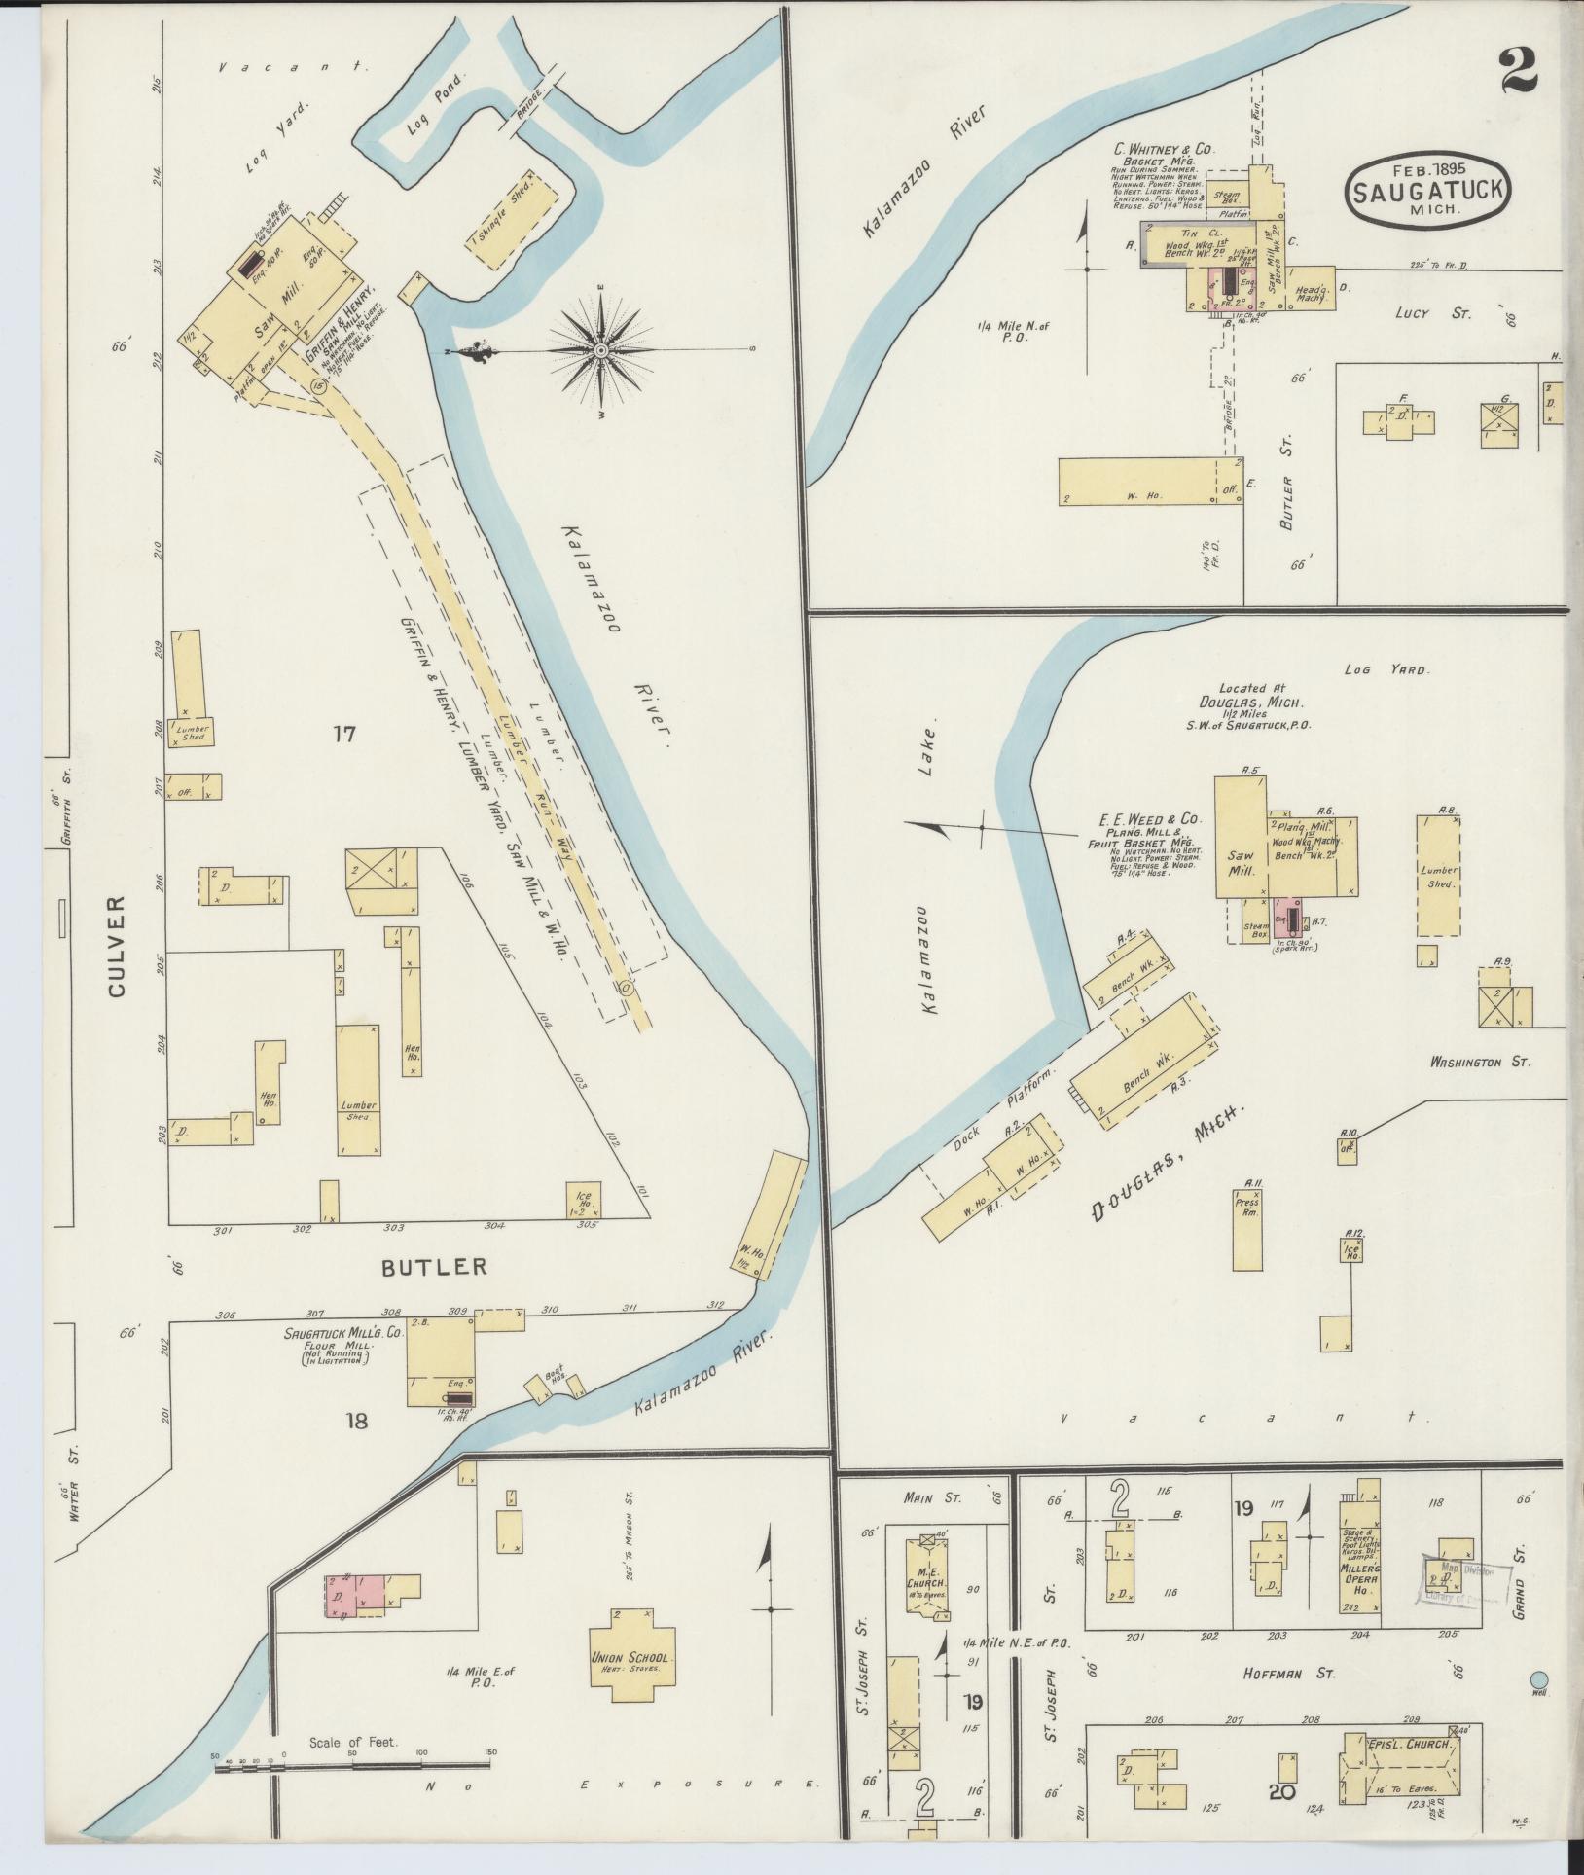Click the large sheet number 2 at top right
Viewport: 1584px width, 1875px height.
(1517, 70)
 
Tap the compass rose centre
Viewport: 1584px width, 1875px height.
(600, 350)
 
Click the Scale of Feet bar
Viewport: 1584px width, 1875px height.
(351, 1763)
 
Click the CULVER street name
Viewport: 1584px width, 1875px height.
(118, 946)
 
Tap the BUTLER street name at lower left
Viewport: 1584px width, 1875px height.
(433, 1267)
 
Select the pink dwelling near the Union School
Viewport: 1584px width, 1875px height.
(358, 1597)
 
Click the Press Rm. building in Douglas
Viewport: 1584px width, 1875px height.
(1246, 1227)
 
